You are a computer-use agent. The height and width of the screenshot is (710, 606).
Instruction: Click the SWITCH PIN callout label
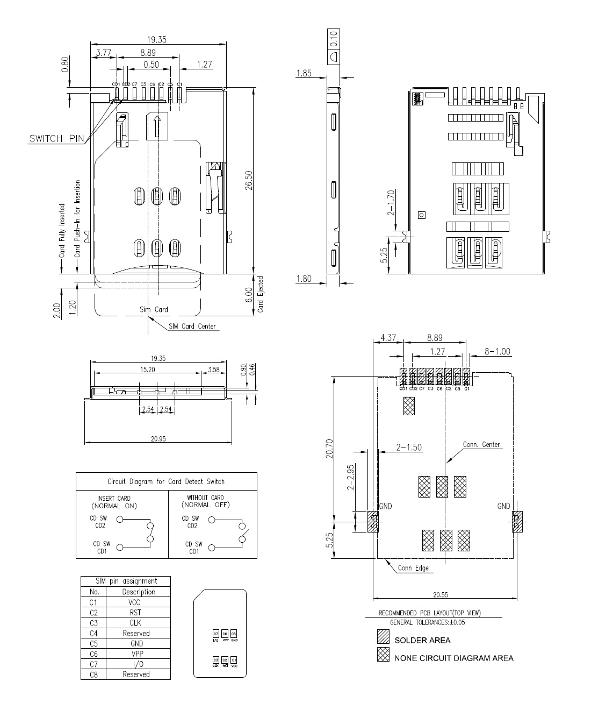(x=56, y=139)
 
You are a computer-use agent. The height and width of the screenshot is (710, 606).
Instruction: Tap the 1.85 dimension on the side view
(x=304, y=73)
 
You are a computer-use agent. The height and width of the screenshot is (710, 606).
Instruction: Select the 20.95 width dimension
(x=158, y=438)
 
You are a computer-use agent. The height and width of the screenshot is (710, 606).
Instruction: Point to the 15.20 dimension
(x=147, y=370)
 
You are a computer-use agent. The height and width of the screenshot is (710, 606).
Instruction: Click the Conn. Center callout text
(x=481, y=445)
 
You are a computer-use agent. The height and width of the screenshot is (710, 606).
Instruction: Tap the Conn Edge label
(x=413, y=568)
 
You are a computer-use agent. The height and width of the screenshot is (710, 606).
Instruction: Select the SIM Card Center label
(x=192, y=326)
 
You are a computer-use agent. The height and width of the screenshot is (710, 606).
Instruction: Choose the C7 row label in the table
(x=93, y=664)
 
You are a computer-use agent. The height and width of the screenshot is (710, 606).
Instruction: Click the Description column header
(x=138, y=592)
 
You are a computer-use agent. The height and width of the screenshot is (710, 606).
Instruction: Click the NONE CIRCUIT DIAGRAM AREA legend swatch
(x=383, y=656)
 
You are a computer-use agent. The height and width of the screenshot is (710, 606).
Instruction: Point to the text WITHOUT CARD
(x=205, y=498)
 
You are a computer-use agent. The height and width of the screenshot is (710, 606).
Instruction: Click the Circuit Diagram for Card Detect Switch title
(x=166, y=481)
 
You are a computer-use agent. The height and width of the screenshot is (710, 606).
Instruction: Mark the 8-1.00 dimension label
(x=497, y=352)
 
